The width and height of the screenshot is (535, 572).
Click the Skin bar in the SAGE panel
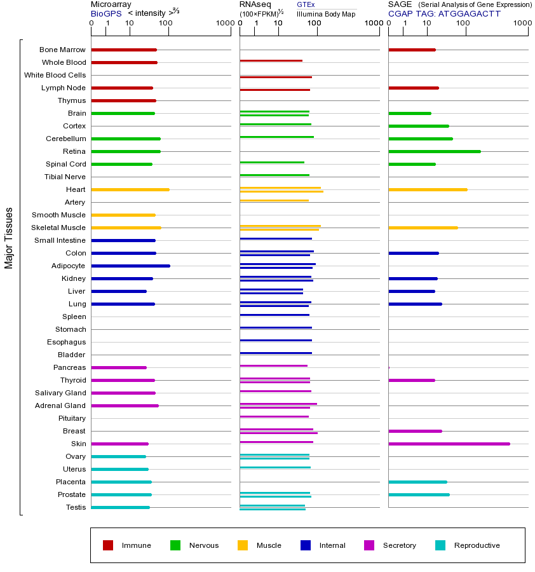click(x=449, y=444)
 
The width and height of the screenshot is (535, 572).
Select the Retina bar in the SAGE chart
click(x=434, y=151)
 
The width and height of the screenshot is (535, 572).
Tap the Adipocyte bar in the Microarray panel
click(x=130, y=266)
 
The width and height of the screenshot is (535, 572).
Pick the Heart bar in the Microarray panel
click(x=130, y=189)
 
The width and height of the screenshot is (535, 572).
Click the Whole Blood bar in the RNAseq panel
click(x=271, y=61)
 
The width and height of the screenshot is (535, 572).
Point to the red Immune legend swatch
click(x=108, y=545)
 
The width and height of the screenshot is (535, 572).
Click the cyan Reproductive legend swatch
click(x=440, y=545)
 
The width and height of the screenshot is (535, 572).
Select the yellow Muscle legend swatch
click(x=243, y=545)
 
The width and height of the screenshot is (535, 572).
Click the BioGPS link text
click(x=105, y=13)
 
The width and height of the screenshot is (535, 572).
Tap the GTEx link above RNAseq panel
click(x=306, y=4)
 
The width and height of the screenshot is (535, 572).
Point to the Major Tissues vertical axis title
click(x=9, y=238)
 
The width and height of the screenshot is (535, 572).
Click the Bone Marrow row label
click(x=62, y=50)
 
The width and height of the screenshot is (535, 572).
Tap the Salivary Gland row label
click(x=60, y=393)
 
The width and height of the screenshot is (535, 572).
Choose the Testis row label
click(x=76, y=507)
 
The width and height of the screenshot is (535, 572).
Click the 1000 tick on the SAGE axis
click(x=522, y=23)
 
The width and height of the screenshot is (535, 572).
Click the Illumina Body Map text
click(x=327, y=13)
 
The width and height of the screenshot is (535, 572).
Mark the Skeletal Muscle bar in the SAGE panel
click(x=423, y=228)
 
